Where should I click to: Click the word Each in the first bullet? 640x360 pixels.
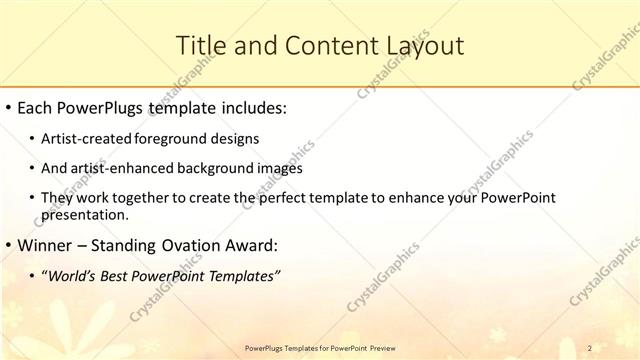coord(37,106)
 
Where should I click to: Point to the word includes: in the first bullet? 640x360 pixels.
coord(253,106)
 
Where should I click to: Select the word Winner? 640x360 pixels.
coord(48,244)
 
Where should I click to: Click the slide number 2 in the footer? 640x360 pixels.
coord(590,347)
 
